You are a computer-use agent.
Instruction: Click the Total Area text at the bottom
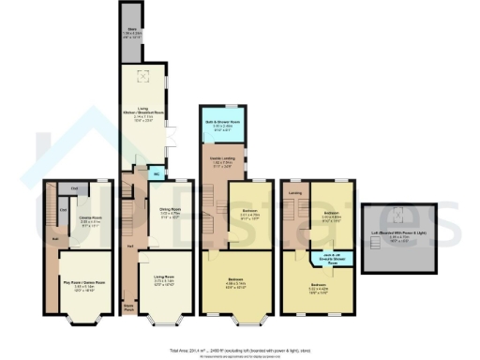pyautogui.click(x=240, y=349)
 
